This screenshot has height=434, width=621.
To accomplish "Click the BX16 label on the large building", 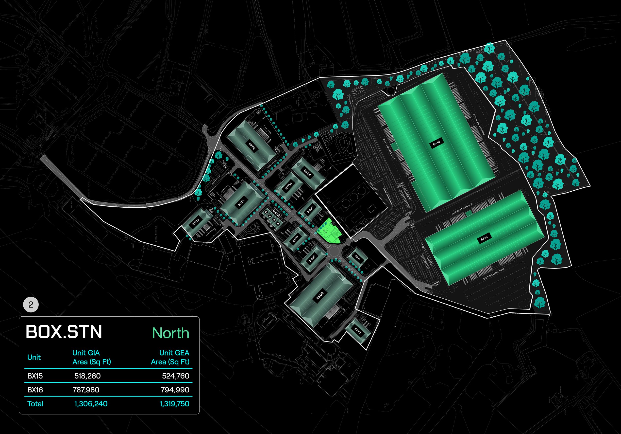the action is pyautogui.click(x=436, y=143).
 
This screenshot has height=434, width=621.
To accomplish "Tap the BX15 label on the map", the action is pyautogui.click(x=484, y=238).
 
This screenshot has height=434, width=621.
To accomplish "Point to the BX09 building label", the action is pyautogui.click(x=320, y=296).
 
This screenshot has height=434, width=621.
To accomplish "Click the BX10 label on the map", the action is pyautogui.click(x=357, y=331).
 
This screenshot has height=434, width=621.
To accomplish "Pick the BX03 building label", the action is pyautogui.click(x=196, y=222).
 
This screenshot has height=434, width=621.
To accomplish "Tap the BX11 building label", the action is pyautogui.click(x=357, y=257).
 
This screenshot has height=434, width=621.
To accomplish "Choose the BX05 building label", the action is pyautogui.click(x=307, y=172).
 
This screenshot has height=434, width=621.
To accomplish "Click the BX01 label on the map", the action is pyautogui.click(x=241, y=202).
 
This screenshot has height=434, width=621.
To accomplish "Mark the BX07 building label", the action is pyautogui.click(x=295, y=239).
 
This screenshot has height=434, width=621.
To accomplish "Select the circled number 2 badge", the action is pyautogui.click(x=31, y=305).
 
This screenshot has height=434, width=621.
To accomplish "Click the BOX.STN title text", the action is pyautogui.click(x=64, y=332).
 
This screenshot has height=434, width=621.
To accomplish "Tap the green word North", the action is pyautogui.click(x=170, y=333).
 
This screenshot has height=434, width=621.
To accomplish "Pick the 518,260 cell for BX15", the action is pyautogui.click(x=87, y=376).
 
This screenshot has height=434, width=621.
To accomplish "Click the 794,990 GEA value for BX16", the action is pyautogui.click(x=175, y=390).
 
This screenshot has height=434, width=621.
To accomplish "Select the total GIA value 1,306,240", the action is pyautogui.click(x=91, y=404).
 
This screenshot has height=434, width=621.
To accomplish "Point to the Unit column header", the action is pyautogui.click(x=34, y=357).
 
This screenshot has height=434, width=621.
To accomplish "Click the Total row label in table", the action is pyautogui.click(x=35, y=404).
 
